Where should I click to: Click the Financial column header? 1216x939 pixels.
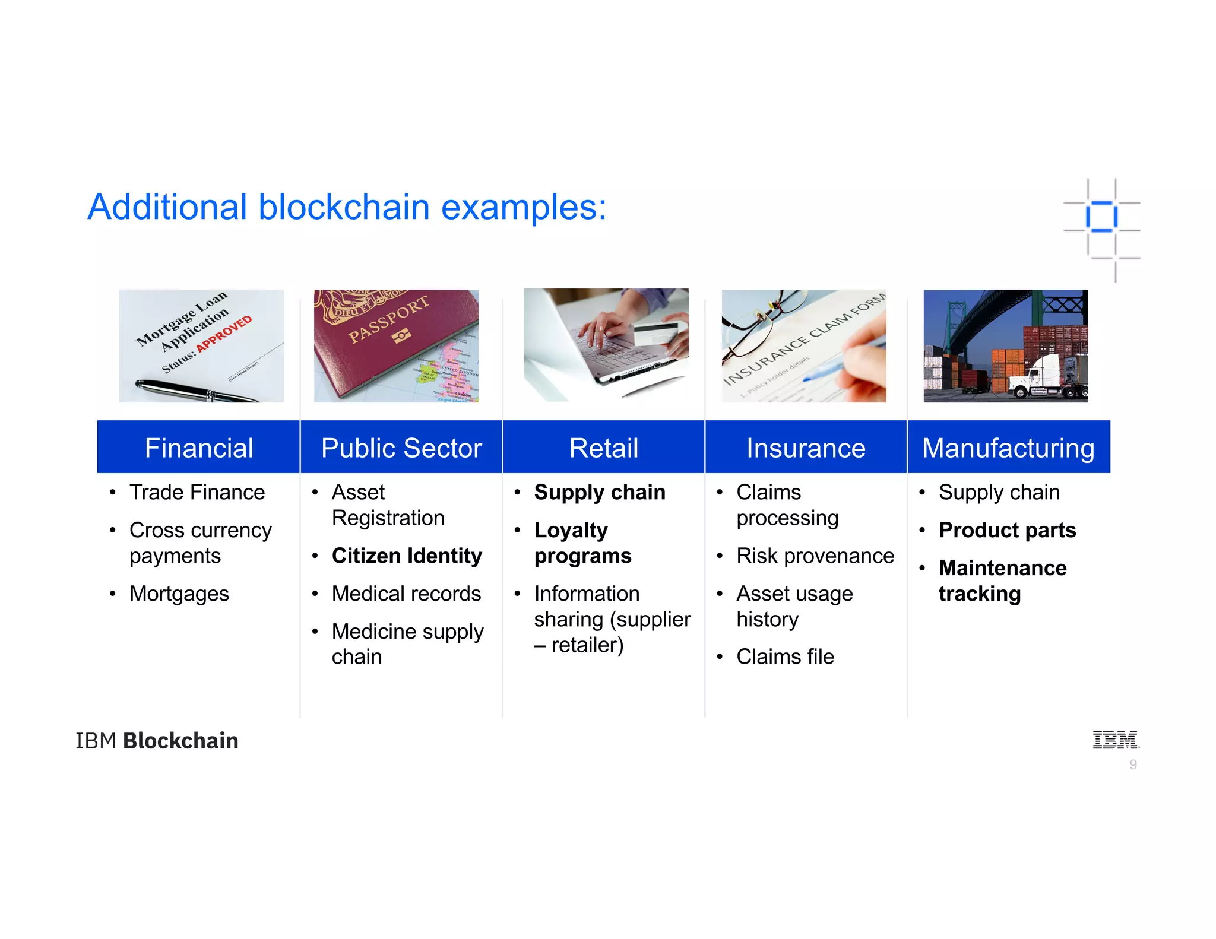(199, 448)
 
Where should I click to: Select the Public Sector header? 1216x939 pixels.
(401, 448)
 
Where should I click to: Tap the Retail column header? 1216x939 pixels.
(603, 448)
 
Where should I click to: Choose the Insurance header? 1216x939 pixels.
(806, 448)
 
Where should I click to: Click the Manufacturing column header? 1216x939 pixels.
(1008, 448)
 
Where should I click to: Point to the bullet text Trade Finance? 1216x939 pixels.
(197, 493)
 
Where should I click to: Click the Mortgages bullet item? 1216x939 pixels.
(179, 594)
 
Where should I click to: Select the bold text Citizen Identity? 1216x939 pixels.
(407, 556)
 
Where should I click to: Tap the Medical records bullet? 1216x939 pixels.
(406, 594)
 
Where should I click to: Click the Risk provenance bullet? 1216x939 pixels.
(815, 556)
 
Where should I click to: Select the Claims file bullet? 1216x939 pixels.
(785, 657)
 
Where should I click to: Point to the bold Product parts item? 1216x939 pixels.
(1007, 530)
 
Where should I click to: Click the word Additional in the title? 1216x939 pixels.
(167, 207)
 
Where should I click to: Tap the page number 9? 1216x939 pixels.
(1133, 765)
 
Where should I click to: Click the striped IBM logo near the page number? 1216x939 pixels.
(1116, 740)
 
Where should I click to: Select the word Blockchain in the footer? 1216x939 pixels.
(180, 741)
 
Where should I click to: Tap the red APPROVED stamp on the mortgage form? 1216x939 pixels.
(224, 334)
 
